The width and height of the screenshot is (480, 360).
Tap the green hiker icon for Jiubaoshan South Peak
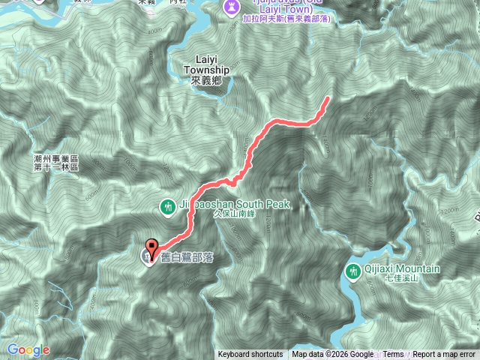[169, 204]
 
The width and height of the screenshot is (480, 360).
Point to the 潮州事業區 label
[56, 159]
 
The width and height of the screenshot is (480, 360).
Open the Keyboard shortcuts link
[250, 355]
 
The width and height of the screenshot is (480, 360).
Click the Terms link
[393, 355]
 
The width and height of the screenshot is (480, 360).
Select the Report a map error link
[444, 355]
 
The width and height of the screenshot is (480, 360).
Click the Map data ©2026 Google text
[333, 355]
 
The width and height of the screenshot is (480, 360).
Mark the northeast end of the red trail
[327, 98]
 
